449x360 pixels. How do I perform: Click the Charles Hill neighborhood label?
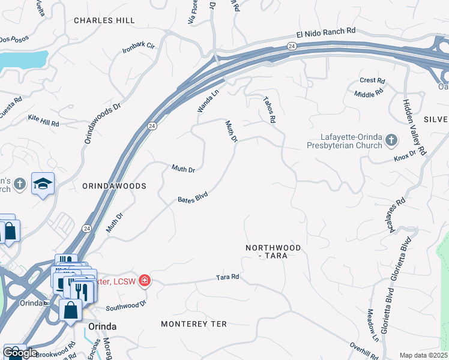pos(104,20)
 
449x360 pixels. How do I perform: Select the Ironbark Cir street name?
pos(139,46)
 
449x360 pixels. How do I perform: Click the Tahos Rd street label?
pos(268,111)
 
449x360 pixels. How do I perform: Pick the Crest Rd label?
pos(372,80)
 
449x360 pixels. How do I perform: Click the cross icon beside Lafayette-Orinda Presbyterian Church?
pos(391,140)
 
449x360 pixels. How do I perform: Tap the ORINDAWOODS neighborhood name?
pos(114,187)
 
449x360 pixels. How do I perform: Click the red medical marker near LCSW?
pos(143,280)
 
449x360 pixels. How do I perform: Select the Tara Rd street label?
pos(228,277)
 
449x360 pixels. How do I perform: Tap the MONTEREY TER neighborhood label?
pos(194,324)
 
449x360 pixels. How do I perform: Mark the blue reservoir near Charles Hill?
pos(23,59)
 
